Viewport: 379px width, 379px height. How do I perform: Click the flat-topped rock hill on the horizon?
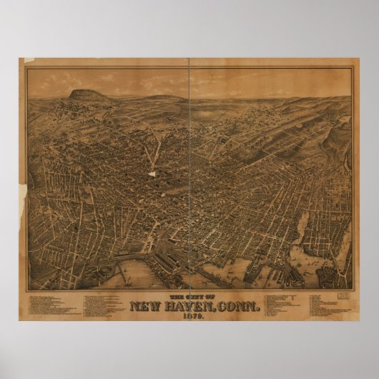[x=84, y=93]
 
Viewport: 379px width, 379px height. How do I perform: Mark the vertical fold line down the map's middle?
[x=190, y=179]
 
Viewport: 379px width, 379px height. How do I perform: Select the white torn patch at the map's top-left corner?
[x=29, y=61]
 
